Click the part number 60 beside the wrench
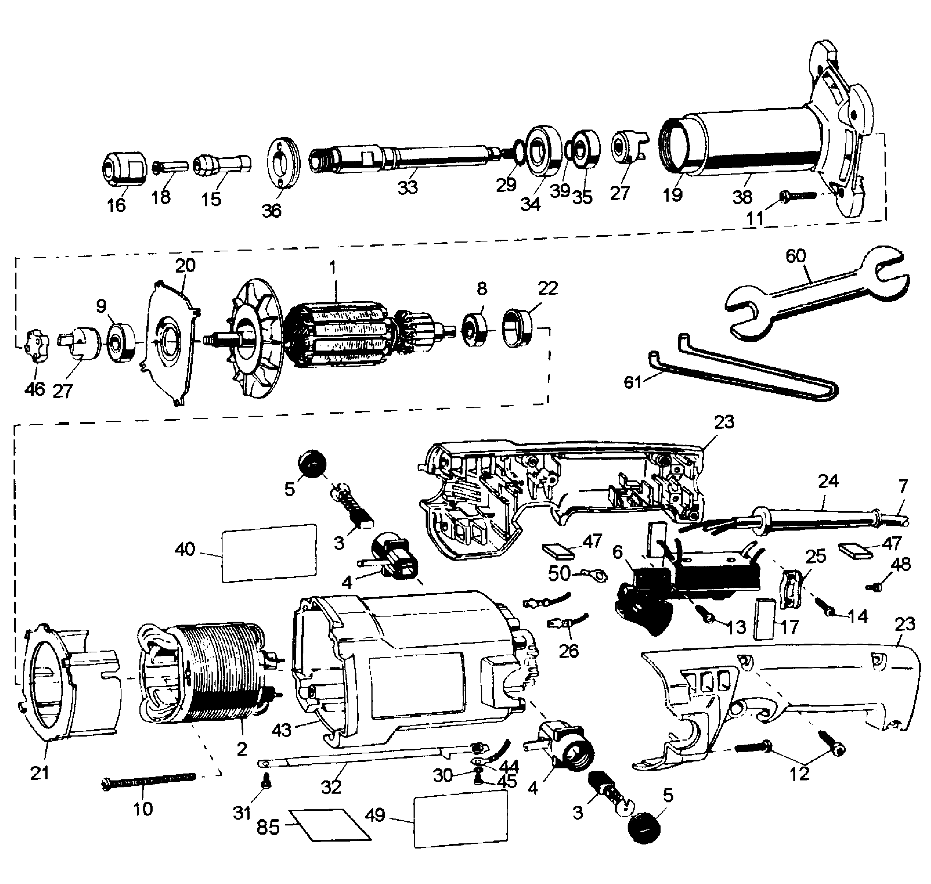pos(796,256)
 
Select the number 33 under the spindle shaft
pos(407,188)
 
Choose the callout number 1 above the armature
pos(333,267)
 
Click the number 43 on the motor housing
pos(281,730)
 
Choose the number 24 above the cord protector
pos(828,481)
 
